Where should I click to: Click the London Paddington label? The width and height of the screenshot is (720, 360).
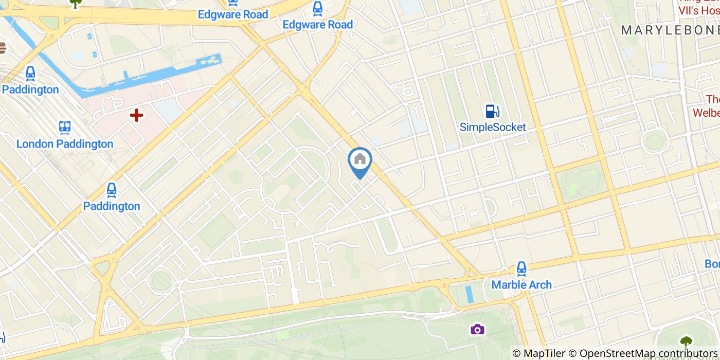(x=65, y=143)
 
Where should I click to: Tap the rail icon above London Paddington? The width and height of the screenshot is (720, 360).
(x=65, y=127)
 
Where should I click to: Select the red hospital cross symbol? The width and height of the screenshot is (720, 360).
(x=136, y=115)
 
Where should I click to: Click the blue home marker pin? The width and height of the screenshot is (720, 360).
(x=360, y=160)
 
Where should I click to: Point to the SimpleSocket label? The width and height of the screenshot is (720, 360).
(x=493, y=127)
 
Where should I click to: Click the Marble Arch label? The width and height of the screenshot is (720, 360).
(x=521, y=284)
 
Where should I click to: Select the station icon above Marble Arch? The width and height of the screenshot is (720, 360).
(x=521, y=268)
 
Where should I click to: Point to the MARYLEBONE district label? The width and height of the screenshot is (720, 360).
(x=670, y=30)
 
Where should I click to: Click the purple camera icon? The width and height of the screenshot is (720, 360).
(x=477, y=329)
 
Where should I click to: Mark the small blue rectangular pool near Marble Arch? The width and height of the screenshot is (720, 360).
(x=469, y=294)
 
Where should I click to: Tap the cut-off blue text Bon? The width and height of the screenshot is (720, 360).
(x=712, y=264)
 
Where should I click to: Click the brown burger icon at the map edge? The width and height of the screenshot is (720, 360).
(x=2, y=48)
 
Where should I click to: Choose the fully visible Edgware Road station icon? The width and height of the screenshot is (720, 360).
(x=318, y=8)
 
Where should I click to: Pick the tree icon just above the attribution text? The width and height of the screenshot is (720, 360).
(x=686, y=341)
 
